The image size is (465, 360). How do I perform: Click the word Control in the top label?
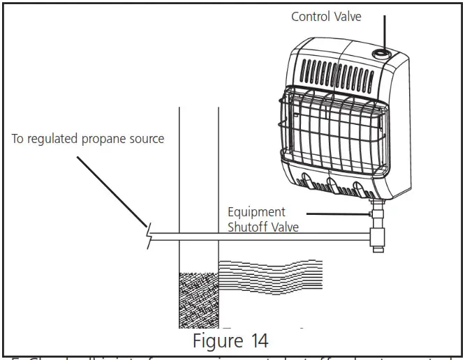coord(311,16)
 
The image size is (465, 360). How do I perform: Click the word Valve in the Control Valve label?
coord(347,16)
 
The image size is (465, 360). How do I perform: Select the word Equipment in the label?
coord(256,211)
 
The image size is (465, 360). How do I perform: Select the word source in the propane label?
coord(147,139)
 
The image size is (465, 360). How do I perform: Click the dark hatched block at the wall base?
coord(199,299)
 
